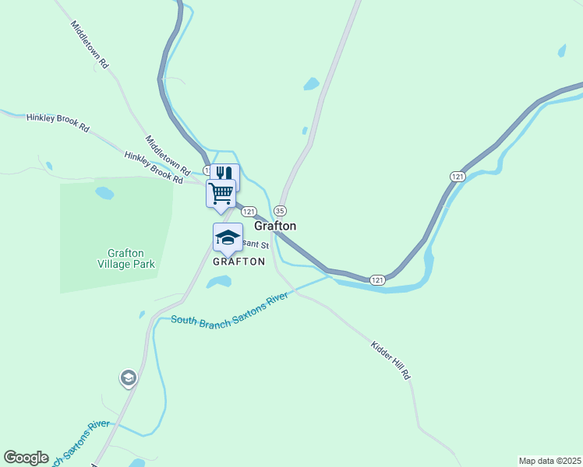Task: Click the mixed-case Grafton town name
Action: pos(275,226)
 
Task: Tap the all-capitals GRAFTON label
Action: pos(239,262)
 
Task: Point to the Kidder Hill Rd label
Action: pos(390,360)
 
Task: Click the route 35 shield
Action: pos(281,211)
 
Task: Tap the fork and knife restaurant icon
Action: pos(225,174)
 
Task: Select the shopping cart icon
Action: pos(221,192)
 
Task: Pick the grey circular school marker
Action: pos(128,378)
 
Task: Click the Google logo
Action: pos(26,458)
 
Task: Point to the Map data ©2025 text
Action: pos(549,461)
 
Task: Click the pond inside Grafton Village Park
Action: pos(104,192)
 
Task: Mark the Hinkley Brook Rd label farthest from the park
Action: pos(58,122)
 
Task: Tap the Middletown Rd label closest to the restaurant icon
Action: pos(168,154)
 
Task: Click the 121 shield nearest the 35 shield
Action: pos(249,212)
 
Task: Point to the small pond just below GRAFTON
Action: pos(219,282)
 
